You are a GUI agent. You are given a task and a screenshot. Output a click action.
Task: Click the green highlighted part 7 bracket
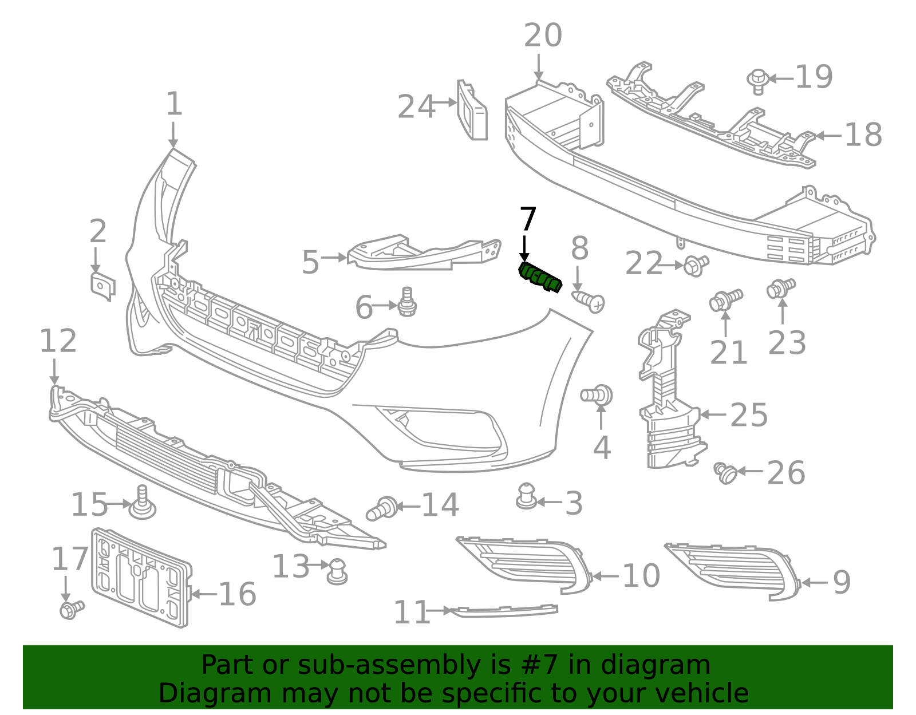click(x=539, y=278)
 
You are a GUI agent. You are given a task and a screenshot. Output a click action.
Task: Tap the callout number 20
click(x=543, y=35)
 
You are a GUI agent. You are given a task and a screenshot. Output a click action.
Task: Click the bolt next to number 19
click(x=758, y=81)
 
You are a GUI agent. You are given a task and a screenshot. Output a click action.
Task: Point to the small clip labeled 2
click(x=102, y=286)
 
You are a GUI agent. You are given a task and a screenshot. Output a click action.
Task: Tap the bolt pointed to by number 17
click(x=71, y=609)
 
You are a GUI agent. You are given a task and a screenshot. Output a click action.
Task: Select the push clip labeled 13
click(x=337, y=571)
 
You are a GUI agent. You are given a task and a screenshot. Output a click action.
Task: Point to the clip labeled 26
click(x=726, y=473)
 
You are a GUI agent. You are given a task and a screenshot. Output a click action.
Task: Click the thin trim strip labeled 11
click(x=504, y=611)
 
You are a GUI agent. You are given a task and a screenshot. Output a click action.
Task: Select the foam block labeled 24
click(x=472, y=111)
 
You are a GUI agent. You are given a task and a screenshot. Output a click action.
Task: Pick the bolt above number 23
click(x=780, y=287)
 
